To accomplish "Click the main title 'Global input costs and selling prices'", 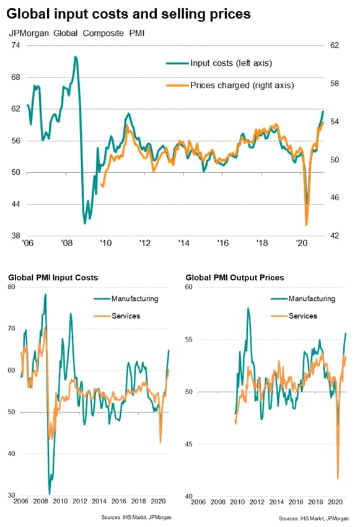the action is (x=128, y=14).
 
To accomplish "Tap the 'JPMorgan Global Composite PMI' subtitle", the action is (x=77, y=33).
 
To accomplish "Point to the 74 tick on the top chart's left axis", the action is (x=15, y=45).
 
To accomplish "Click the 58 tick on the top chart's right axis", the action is (x=335, y=84).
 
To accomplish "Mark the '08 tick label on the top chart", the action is (x=67, y=242).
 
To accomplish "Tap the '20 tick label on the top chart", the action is (x=302, y=242).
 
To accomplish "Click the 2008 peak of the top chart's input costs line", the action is (x=76, y=56).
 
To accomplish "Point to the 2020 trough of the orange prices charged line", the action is (x=306, y=224).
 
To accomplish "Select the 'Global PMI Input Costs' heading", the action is (x=53, y=278).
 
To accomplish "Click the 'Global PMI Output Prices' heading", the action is (x=235, y=278).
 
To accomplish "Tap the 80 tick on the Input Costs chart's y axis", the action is (x=11, y=286).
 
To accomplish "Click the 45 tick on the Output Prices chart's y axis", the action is (x=189, y=444).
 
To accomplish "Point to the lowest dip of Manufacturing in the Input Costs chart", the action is (x=50, y=494).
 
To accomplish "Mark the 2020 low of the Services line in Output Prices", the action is (x=338, y=478).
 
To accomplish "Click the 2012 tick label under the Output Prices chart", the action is (x=257, y=502).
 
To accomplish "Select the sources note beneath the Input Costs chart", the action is (x=136, y=517).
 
